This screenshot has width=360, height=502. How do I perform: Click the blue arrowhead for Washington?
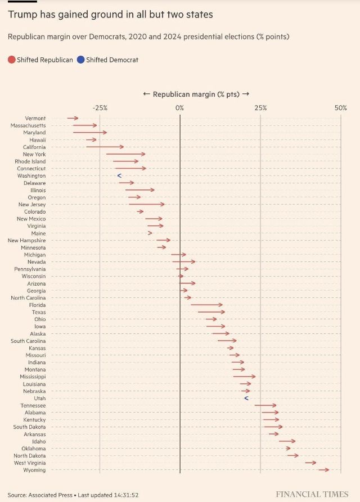[119, 176]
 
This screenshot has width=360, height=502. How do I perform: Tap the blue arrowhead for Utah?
[246, 398]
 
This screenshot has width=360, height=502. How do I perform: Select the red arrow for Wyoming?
[323, 470]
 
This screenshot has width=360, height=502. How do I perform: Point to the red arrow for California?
[105, 147]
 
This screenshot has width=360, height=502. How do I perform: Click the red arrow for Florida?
[206, 305]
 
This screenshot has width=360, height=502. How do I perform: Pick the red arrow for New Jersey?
[146, 205]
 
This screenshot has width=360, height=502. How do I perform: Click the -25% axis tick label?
[100, 107]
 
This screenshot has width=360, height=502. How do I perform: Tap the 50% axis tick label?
[340, 107]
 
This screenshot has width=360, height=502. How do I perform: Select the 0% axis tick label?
[179, 107]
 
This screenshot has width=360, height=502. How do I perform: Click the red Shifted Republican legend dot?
[12, 60]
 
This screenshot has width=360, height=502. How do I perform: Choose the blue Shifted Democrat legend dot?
[81, 60]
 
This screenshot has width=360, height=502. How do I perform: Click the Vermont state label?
[35, 118]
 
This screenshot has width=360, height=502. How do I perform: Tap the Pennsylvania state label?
[30, 269]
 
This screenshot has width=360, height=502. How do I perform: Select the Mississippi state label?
[32, 377]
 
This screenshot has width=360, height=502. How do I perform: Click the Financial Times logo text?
[312, 494]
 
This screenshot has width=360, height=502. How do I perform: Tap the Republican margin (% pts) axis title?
[195, 94]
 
